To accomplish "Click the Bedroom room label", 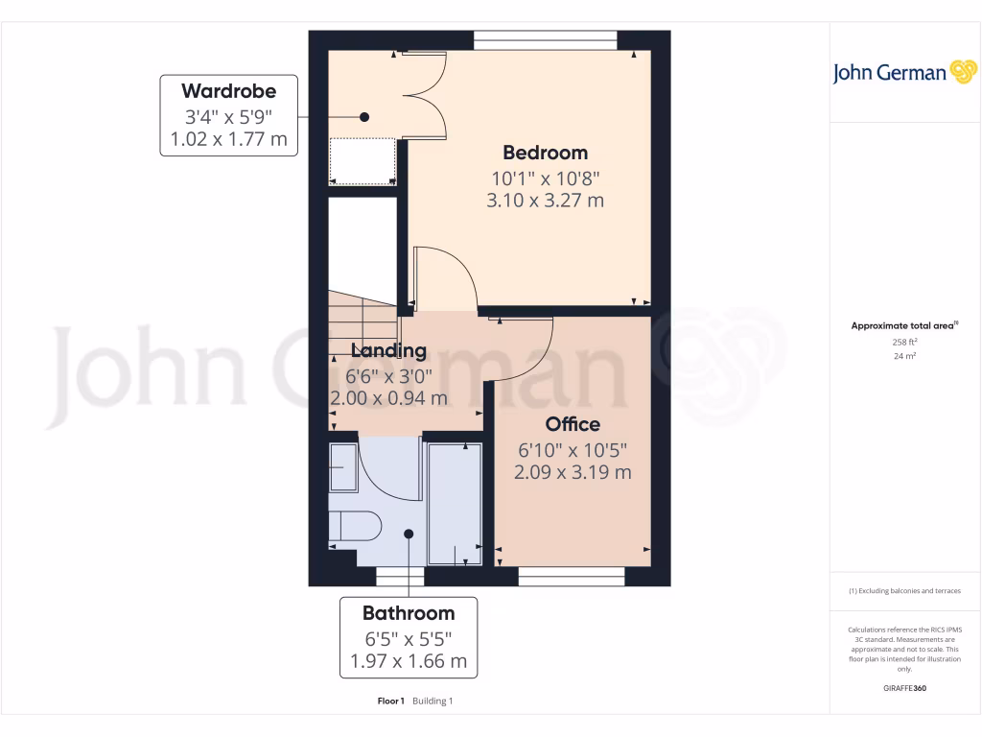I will (x=545, y=153).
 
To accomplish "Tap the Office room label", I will (x=573, y=424).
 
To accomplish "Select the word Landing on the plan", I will (x=388, y=350).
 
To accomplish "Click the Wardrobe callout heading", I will (x=228, y=92).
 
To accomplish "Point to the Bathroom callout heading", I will (x=409, y=613).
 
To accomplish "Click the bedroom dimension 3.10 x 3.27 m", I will (x=545, y=201).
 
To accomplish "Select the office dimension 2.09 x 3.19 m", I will (x=573, y=472).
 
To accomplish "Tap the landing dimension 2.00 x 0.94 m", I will (x=388, y=397).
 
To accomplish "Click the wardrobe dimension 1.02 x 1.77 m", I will (x=228, y=140).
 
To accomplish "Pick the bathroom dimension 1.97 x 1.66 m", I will (x=409, y=661).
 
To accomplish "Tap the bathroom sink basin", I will (x=342, y=467).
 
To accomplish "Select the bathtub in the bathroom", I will (x=454, y=504).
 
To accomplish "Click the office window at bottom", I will (x=572, y=576).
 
